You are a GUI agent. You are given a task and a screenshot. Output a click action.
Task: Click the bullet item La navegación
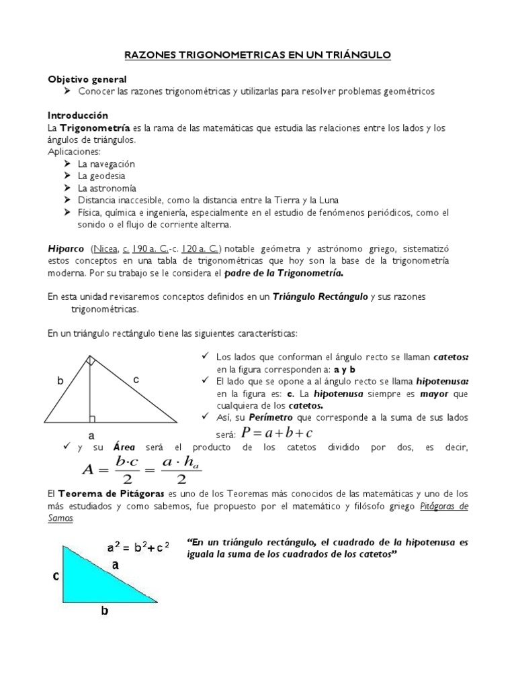[x=106, y=164]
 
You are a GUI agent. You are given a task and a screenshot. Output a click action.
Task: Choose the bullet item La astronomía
[x=107, y=188]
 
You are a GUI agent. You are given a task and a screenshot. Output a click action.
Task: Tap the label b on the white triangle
[x=60, y=380]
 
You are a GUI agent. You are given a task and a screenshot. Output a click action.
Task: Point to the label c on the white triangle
[x=135, y=379]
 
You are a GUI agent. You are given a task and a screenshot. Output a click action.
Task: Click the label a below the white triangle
[x=89, y=435]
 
